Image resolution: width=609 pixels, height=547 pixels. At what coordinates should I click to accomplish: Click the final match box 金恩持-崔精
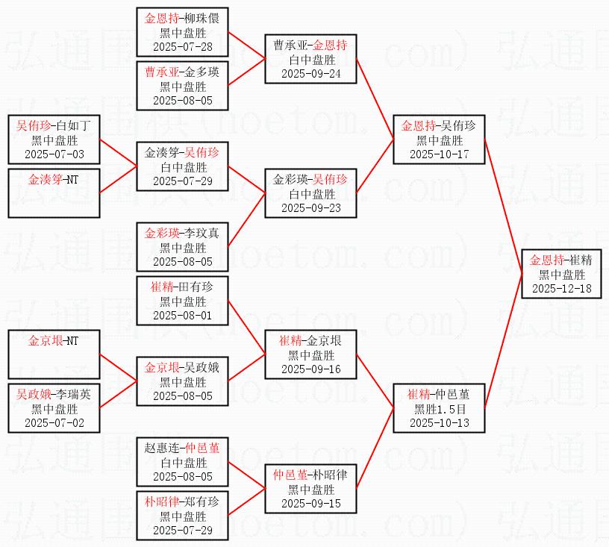(x=560, y=274)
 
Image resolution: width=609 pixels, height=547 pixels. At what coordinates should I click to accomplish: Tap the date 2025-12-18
(x=560, y=288)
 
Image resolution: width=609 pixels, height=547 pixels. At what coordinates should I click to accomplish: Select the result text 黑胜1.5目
(x=440, y=409)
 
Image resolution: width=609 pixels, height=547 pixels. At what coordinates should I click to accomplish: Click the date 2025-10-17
(x=440, y=154)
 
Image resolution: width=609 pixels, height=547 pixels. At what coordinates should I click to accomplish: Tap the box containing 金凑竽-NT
(x=54, y=193)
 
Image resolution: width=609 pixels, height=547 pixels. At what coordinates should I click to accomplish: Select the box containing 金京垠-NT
(x=54, y=354)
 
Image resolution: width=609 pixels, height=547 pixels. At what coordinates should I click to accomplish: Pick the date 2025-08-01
(x=182, y=316)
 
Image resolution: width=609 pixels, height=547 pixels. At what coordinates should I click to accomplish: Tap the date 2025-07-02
(x=54, y=423)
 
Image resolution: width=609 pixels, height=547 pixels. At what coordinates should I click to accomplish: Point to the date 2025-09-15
(x=311, y=502)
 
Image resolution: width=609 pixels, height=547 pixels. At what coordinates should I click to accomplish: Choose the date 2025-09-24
(x=311, y=73)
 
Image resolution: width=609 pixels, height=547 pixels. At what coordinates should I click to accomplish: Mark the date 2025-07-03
(x=54, y=154)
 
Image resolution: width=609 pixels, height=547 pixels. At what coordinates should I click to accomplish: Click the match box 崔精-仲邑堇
(x=440, y=408)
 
